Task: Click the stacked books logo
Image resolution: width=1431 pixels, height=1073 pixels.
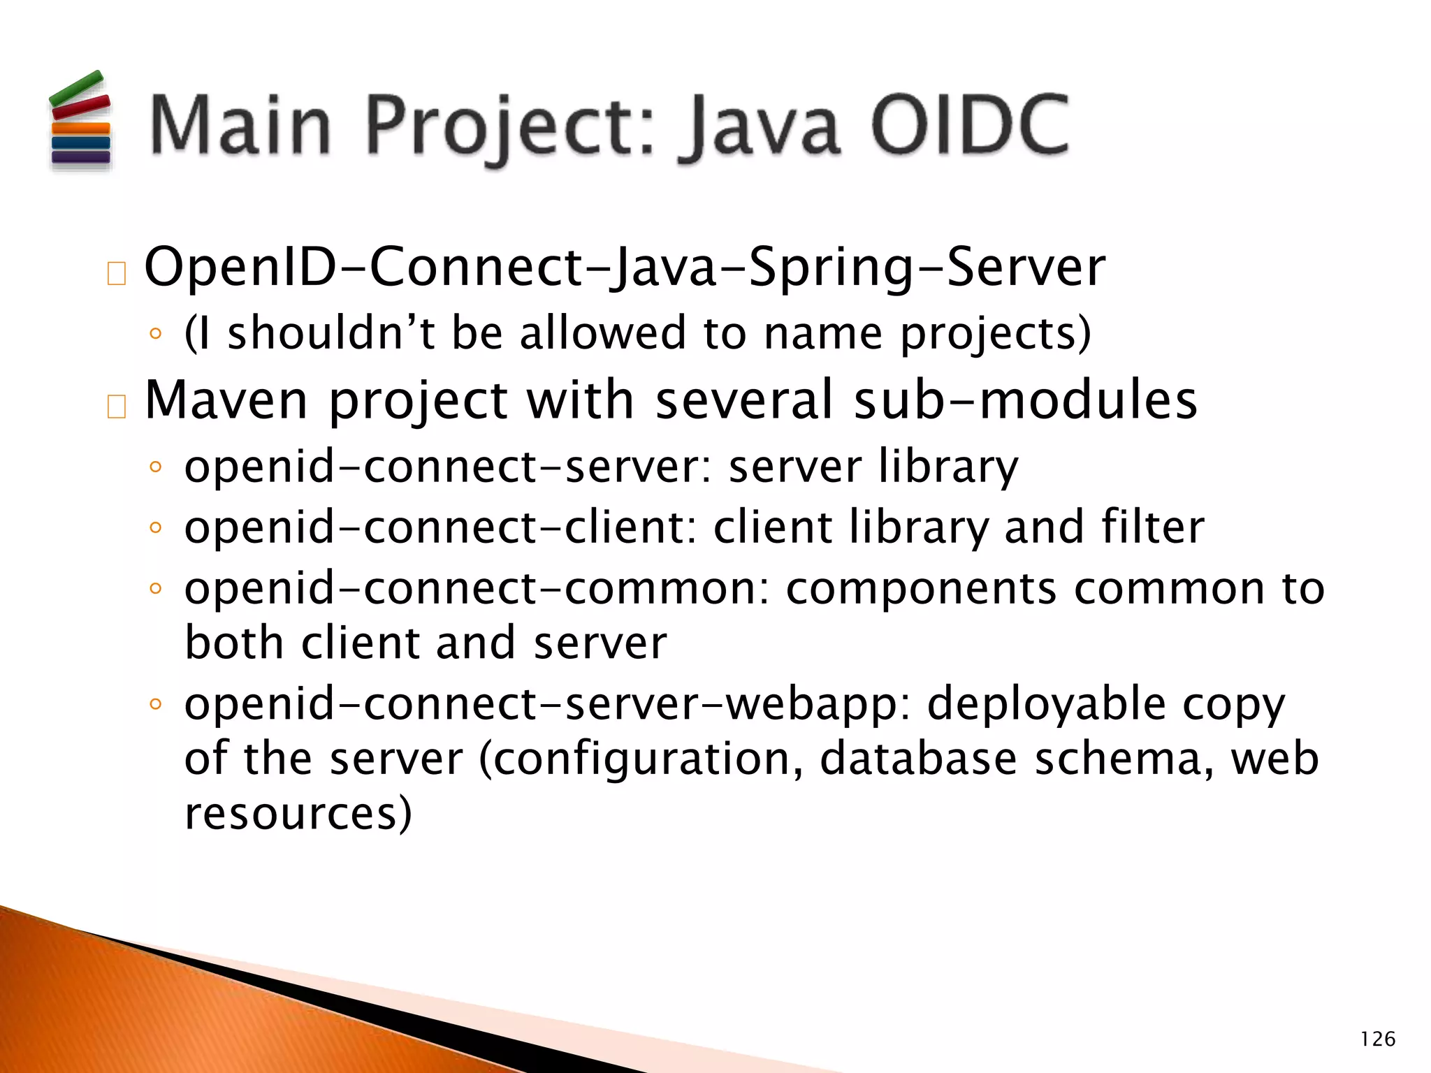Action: (80, 120)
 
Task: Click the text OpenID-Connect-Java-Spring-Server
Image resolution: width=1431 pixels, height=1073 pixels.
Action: (625, 268)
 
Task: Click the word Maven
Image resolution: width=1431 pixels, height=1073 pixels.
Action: (226, 400)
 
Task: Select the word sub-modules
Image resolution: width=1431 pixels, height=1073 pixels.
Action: (1026, 400)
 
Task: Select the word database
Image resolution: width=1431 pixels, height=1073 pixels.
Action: (918, 759)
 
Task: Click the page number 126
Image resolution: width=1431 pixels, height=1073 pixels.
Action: (1377, 1039)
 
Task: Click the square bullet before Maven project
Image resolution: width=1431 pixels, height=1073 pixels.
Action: (117, 407)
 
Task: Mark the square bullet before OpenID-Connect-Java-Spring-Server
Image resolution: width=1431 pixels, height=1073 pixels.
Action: (117, 274)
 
